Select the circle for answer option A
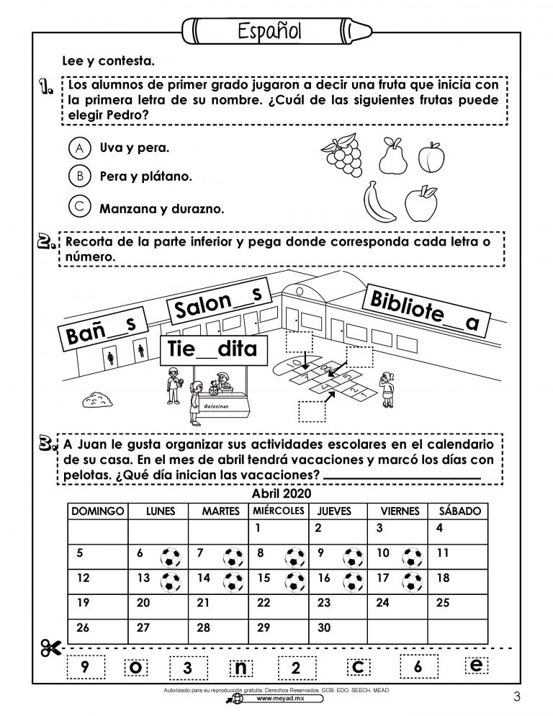80,148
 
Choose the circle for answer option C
80,206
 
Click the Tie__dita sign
214,351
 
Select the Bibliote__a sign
427,310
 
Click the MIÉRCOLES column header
279,511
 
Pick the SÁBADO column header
455,511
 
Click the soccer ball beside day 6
170,556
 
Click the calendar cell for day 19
97,603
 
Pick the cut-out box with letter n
240,667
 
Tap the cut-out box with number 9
85,667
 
